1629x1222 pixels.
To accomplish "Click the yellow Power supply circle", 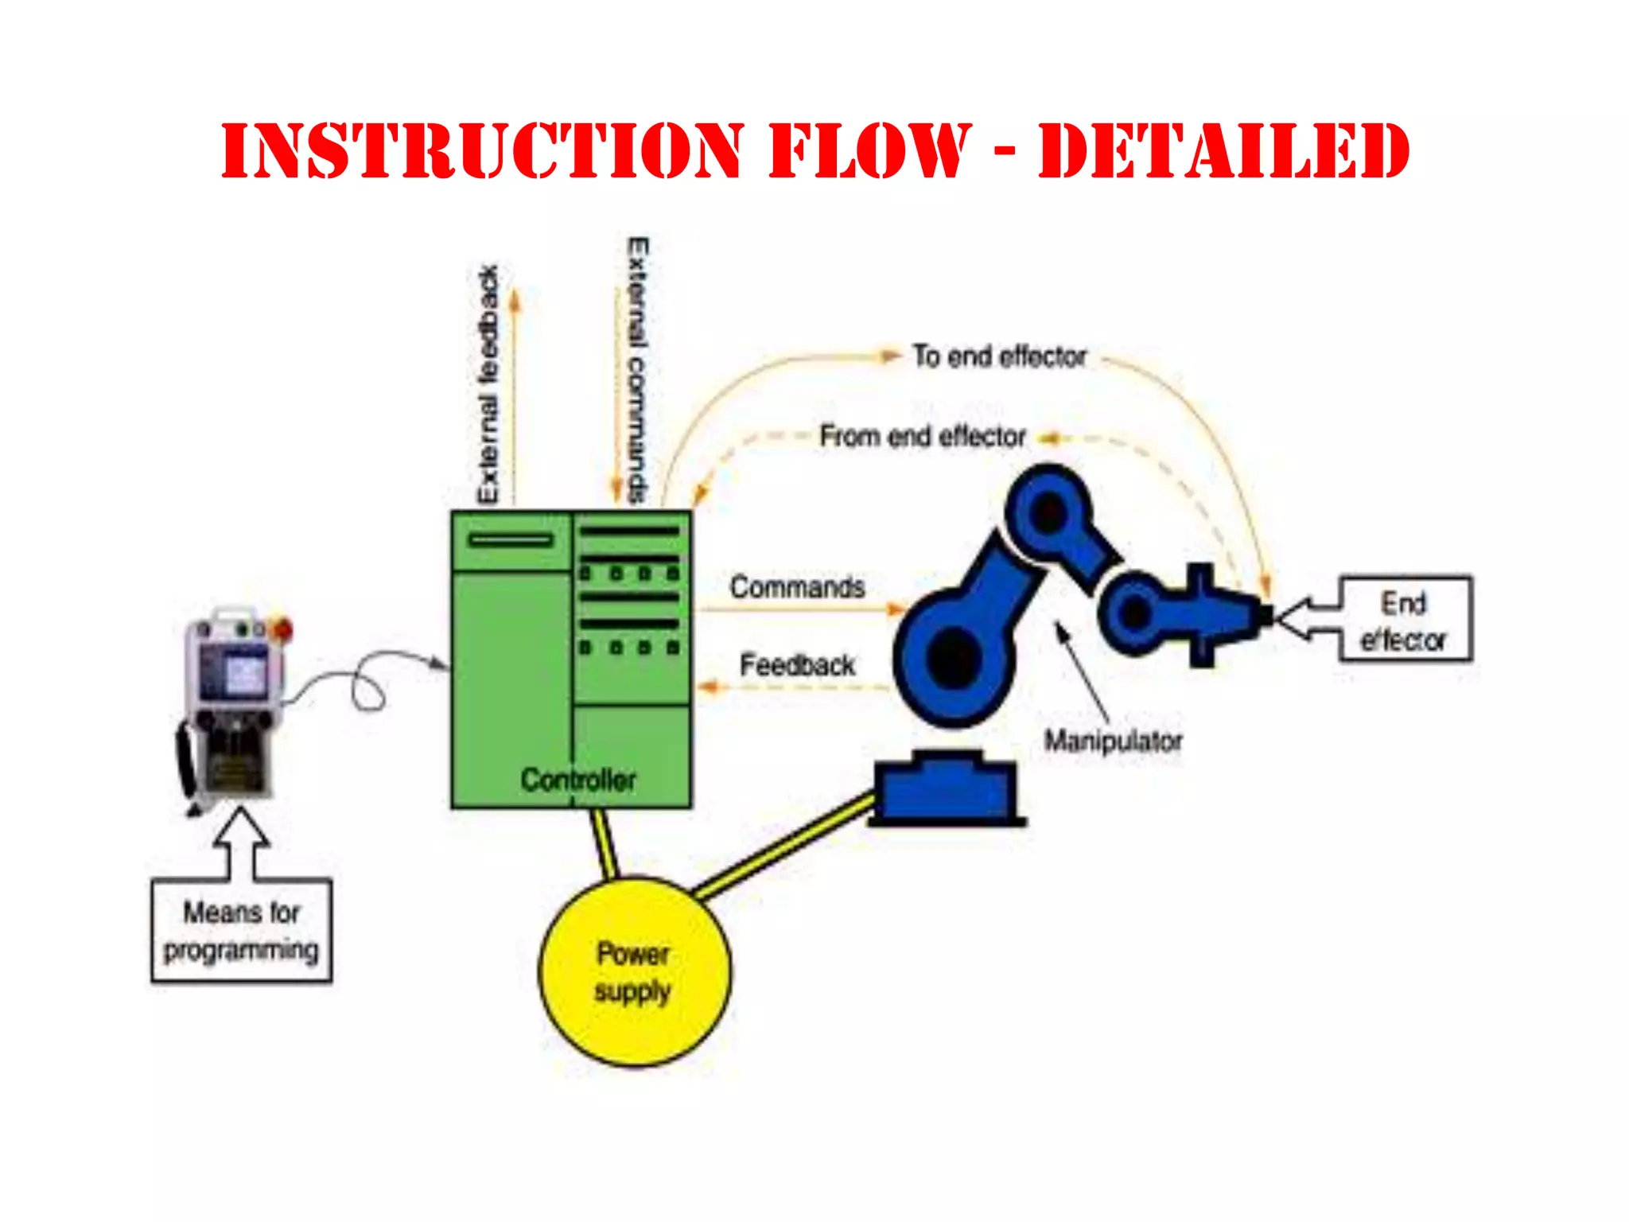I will click(634, 971).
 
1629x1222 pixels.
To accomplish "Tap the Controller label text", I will click(578, 780).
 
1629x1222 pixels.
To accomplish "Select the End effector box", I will click(1405, 620).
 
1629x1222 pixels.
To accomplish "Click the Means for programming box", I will click(241, 931).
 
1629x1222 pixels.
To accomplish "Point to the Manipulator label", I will click(1113, 741).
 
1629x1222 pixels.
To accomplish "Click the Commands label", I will click(797, 587).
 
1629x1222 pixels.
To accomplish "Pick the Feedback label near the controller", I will click(797, 665).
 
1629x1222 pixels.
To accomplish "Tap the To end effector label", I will click(999, 356).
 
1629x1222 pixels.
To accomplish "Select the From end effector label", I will click(923, 437).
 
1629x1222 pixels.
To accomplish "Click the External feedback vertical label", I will click(488, 384).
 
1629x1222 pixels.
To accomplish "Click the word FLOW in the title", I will click(870, 151).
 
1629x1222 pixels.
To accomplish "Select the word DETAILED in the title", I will click(1224, 151).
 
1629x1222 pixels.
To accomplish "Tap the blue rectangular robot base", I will click(945, 790).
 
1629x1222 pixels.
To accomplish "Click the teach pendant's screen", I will click(236, 672).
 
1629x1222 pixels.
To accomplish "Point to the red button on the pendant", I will click(282, 629).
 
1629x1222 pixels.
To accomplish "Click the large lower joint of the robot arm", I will click(951, 656).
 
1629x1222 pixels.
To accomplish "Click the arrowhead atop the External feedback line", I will click(515, 299).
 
